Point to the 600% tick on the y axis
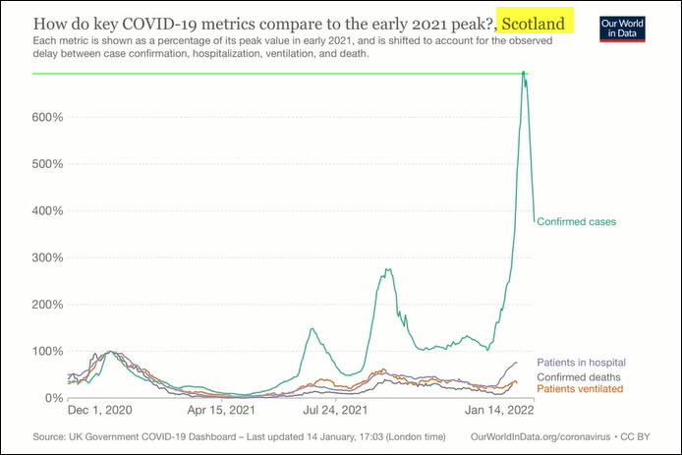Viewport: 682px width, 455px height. (x=48, y=118)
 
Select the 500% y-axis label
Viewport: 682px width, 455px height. (x=48, y=164)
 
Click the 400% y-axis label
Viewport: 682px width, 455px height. (x=48, y=211)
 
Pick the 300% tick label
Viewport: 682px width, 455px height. (x=48, y=257)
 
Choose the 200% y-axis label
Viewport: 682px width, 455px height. (x=48, y=305)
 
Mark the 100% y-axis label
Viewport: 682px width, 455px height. (x=48, y=351)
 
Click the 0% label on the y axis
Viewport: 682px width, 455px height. (x=54, y=398)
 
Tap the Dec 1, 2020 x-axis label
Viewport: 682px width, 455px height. (x=101, y=411)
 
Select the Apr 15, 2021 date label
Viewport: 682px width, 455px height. (x=219, y=411)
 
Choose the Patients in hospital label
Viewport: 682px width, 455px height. (x=582, y=363)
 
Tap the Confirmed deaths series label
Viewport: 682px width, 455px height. (x=581, y=376)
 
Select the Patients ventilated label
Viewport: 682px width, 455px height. (x=580, y=389)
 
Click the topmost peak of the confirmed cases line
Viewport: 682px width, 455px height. (x=524, y=73)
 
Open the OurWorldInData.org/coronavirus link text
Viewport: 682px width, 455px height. (x=541, y=435)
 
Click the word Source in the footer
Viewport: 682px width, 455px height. (x=49, y=435)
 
